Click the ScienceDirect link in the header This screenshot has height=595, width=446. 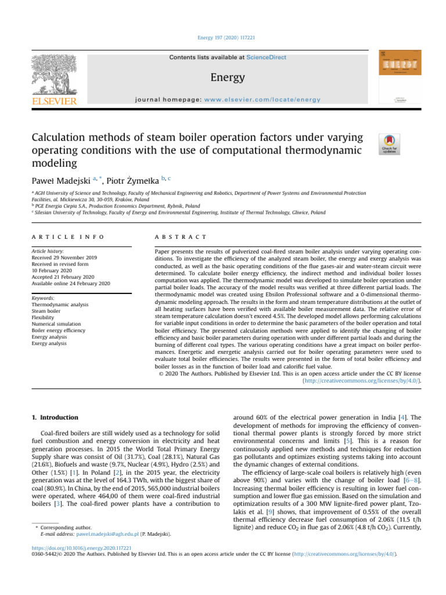click(x=266, y=58)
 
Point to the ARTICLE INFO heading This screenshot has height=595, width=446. click(x=68, y=237)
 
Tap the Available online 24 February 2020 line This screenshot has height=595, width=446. click(x=70, y=283)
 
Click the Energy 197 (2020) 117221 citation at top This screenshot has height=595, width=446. click(x=223, y=38)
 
